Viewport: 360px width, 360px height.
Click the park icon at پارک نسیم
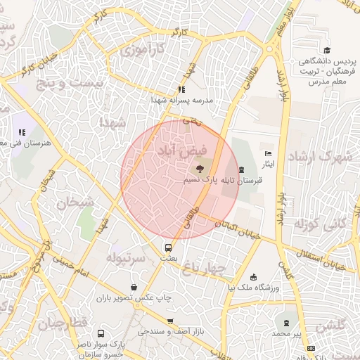coord(200,169)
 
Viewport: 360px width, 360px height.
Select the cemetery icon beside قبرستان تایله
coord(242,170)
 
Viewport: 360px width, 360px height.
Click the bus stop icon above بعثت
coord(168,247)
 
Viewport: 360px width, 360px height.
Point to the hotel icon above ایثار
coord(267,153)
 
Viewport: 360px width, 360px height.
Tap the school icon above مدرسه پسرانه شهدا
coord(181,89)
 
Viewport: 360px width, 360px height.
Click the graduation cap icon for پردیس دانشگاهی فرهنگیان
coord(326,50)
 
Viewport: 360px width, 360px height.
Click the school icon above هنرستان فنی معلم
coord(22,131)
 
